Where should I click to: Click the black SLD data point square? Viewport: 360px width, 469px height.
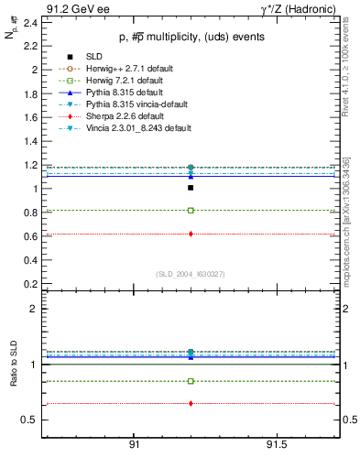[x=191, y=188]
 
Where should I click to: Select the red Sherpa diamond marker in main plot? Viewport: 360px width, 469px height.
[x=191, y=234]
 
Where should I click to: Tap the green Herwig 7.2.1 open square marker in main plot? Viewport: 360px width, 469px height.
[x=191, y=211]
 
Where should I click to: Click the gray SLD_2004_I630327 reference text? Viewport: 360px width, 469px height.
[x=190, y=274]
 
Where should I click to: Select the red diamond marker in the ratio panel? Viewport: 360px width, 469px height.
[x=191, y=403]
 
